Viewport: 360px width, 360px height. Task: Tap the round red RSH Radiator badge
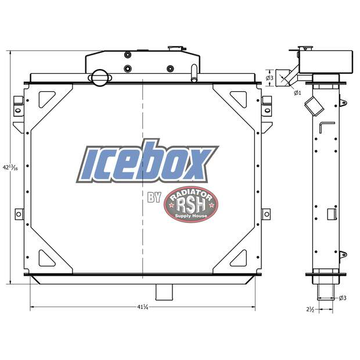click(190, 204)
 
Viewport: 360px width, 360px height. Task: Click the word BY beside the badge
click(154, 197)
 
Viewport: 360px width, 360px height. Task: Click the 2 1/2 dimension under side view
click(311, 310)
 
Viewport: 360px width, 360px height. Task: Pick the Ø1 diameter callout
click(297, 92)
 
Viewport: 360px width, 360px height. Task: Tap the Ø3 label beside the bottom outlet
click(343, 298)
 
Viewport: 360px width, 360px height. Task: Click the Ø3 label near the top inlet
click(269, 78)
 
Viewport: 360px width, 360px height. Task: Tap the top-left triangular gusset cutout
click(45, 98)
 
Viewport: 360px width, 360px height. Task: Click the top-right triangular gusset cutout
click(239, 98)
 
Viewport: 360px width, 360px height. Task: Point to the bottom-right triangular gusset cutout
click(239, 256)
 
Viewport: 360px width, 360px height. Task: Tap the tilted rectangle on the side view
click(315, 106)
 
